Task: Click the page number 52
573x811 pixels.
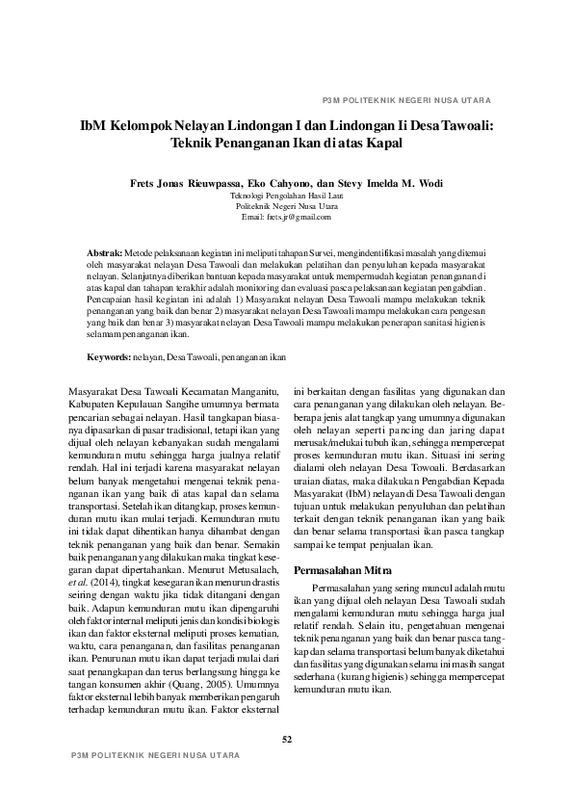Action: [x=286, y=739]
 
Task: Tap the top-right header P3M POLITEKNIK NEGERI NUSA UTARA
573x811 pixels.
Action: [x=406, y=100]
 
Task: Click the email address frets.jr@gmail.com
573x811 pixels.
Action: [x=286, y=217]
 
